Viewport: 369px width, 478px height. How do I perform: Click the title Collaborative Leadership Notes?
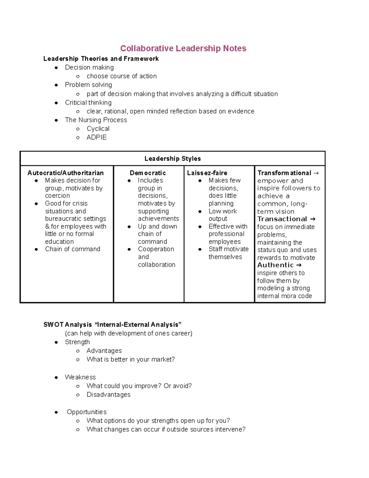click(183, 48)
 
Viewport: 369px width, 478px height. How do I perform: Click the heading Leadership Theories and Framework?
click(101, 58)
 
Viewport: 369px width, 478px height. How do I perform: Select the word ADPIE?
click(97, 137)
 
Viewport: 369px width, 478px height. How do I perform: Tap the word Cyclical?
click(98, 129)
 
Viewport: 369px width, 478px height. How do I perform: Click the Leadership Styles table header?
click(173, 159)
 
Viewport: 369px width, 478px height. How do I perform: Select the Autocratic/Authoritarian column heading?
click(65, 173)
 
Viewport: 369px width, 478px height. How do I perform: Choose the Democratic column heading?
click(148, 173)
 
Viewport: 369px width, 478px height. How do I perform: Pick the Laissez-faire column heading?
click(207, 173)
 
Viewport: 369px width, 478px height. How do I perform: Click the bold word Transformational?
click(284, 173)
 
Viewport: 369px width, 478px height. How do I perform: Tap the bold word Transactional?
click(282, 219)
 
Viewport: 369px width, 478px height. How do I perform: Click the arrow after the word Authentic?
click(299, 265)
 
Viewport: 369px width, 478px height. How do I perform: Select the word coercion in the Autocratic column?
click(58, 196)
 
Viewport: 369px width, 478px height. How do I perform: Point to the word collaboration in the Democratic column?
click(157, 265)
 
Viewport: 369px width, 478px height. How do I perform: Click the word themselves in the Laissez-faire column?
click(225, 257)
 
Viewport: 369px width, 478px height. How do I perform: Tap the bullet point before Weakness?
click(56, 377)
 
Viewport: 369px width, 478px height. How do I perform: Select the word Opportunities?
click(87, 412)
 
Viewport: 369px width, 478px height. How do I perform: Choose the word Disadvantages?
click(109, 395)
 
